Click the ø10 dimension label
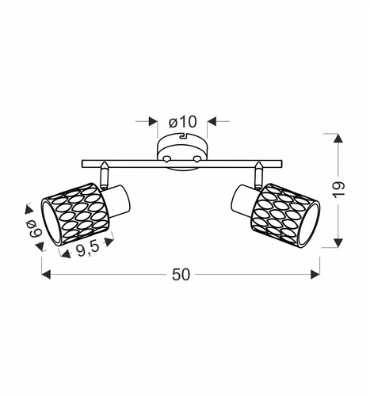tap(182, 122)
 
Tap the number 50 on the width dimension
tap(181, 274)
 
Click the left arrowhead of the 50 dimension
tap(45, 274)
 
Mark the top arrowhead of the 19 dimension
tap(339, 139)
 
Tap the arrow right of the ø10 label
tap(211, 122)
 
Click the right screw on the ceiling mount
tap(196, 160)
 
